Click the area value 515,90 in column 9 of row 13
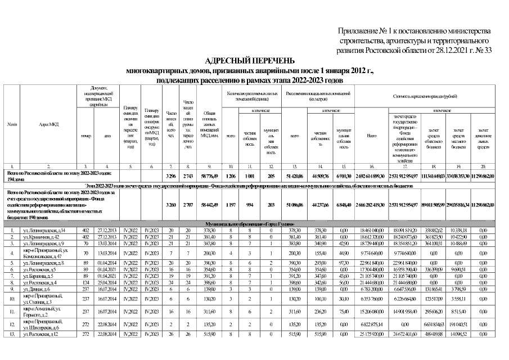pos(210,334)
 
